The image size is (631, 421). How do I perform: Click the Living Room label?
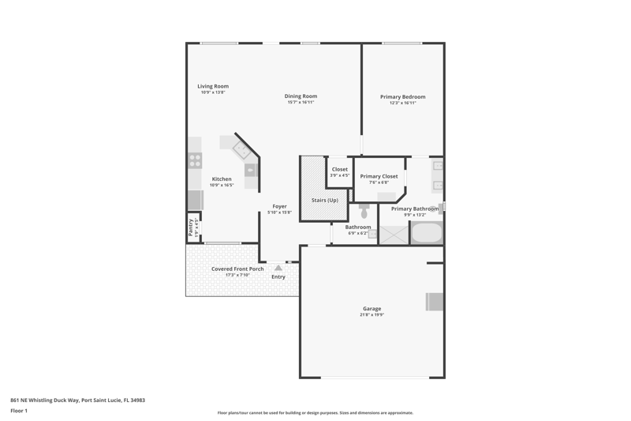213,86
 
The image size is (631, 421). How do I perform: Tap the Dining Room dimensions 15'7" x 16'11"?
301,103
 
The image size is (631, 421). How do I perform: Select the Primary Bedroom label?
403,96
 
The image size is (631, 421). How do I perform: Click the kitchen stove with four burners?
195,160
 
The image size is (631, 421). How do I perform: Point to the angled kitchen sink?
242,150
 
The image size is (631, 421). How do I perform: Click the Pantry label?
191,227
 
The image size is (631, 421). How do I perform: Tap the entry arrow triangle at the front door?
278,268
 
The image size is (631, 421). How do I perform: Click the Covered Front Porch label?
237,269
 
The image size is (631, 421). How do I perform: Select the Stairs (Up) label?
325,200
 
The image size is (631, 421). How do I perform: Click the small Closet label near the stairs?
340,169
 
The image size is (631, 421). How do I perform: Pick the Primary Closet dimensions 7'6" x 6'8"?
379,182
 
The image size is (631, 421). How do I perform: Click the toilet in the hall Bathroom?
364,211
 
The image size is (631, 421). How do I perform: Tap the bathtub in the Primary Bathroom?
427,232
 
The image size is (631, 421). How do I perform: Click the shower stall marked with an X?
394,235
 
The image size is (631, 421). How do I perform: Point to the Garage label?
372,309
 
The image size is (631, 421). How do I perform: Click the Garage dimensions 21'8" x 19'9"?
372,314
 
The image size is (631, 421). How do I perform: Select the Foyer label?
280,206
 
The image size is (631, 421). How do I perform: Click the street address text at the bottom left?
77,400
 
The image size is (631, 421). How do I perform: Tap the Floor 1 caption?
19,411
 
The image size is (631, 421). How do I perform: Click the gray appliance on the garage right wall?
435,302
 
